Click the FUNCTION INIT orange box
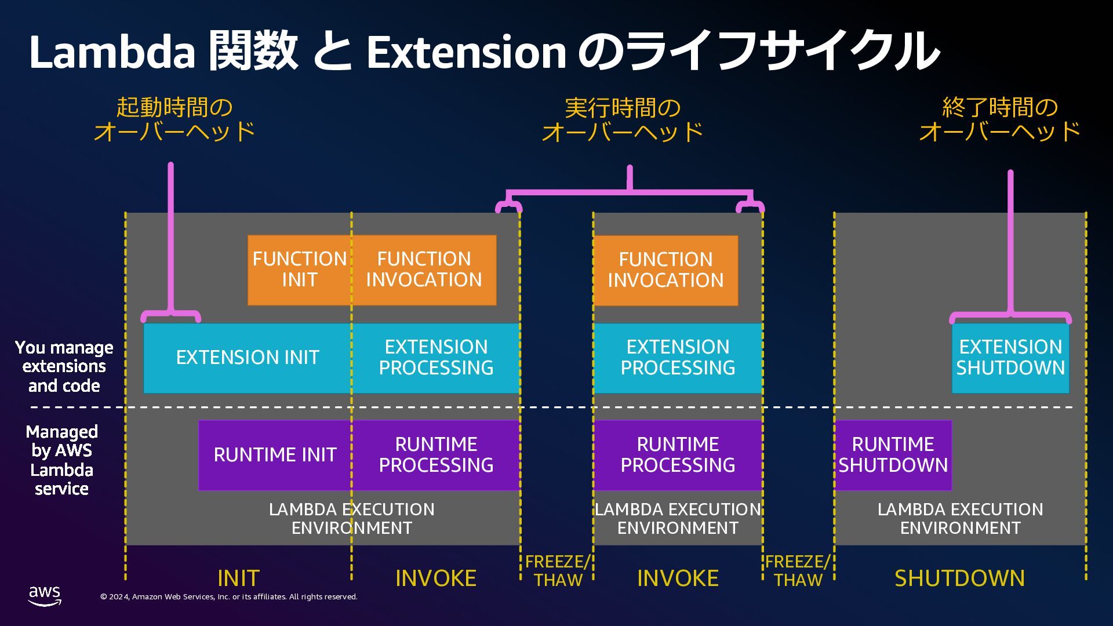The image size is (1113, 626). pos(299,270)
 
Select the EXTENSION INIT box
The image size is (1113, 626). pos(248,358)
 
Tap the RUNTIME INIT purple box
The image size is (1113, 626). pos(275,455)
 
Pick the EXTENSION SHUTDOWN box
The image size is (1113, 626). pos(1010,358)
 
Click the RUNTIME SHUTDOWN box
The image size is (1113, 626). pos(893,455)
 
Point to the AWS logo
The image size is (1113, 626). pos(45,595)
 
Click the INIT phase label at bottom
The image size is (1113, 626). pos(238,578)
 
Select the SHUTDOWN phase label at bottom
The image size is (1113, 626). pos(959,578)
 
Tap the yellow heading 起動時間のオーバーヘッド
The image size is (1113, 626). pos(174,119)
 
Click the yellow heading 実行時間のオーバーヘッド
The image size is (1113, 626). pos(623,120)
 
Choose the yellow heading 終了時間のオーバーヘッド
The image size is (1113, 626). pos(1000,119)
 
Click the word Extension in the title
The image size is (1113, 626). pos(466,52)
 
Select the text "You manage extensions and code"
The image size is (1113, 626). pos(64,366)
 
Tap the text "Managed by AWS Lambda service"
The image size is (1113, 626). pos(62,460)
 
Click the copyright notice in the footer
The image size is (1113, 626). pos(229,597)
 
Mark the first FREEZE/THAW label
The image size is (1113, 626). pos(558,570)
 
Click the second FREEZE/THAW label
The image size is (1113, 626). pos(798,570)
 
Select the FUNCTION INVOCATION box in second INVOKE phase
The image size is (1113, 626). pos(665,270)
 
